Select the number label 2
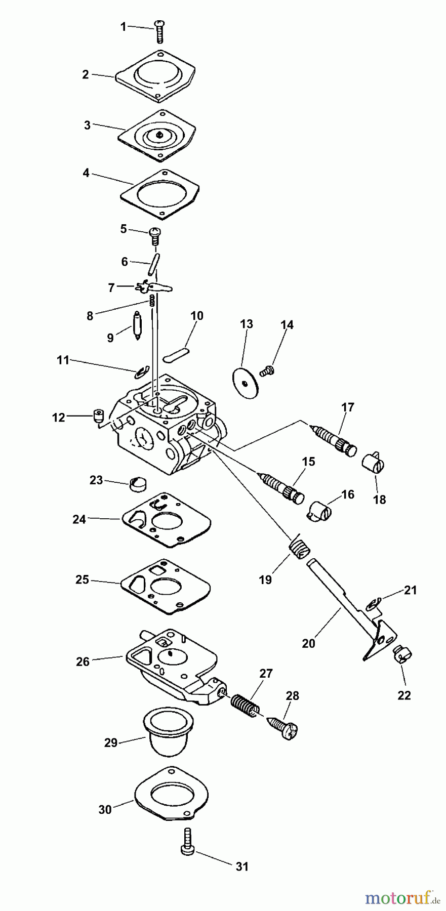[x=86, y=75]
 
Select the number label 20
[x=308, y=643]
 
